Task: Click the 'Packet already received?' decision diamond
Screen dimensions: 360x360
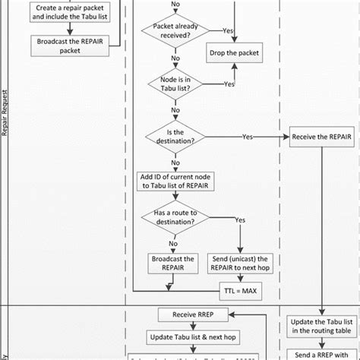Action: coord(176,30)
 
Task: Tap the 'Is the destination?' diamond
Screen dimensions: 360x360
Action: coord(176,137)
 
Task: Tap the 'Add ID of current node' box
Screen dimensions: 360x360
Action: coord(176,181)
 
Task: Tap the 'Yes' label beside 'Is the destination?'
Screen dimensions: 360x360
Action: coord(248,137)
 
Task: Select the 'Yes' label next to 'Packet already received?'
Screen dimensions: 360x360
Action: coord(226,30)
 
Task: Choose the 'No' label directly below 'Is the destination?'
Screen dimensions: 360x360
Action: coord(176,161)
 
